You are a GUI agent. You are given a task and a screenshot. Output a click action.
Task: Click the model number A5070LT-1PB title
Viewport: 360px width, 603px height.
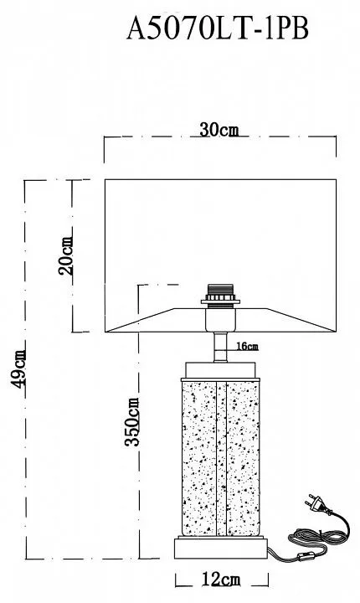(x=218, y=28)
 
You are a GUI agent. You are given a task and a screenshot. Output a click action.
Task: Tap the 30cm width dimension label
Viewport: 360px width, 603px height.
(x=219, y=131)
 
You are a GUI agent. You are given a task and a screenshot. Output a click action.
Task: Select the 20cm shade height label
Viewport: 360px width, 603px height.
(x=66, y=255)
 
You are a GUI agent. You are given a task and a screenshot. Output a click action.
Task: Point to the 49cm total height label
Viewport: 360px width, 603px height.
(x=18, y=368)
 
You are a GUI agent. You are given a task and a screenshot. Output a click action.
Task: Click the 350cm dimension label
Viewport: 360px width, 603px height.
(x=132, y=422)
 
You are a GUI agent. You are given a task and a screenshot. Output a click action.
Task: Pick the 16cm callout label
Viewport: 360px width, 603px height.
(x=247, y=346)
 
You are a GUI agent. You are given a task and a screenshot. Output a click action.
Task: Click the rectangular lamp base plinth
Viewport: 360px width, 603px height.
(x=221, y=549)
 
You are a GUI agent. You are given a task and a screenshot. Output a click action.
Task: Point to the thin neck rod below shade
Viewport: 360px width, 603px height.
(x=220, y=347)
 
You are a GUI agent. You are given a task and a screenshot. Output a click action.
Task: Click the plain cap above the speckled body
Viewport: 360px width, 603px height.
(x=220, y=370)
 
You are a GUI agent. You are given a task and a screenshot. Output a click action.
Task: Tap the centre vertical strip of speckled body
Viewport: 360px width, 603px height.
(x=221, y=458)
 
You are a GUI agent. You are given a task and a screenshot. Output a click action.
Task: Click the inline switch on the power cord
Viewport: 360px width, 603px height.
(x=301, y=557)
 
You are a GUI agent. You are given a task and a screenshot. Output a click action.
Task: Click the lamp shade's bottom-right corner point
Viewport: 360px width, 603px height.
(x=336, y=332)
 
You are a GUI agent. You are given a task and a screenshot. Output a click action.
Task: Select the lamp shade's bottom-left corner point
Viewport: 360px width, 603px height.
(x=105, y=332)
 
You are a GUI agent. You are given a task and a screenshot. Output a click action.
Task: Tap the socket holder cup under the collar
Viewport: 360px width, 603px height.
(x=220, y=319)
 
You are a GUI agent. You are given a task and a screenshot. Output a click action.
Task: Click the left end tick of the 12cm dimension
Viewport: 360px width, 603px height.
(x=176, y=580)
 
